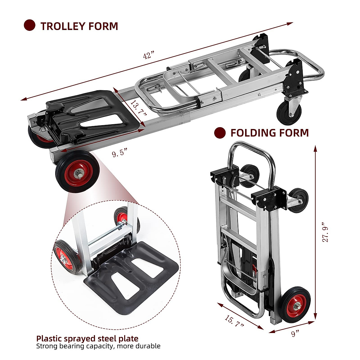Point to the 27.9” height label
pyautogui.click(x=325, y=232)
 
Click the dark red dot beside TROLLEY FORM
pyautogui.click(x=29, y=25)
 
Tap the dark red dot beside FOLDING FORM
pyautogui.click(x=220, y=133)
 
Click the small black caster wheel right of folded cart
pyautogui.click(x=298, y=200)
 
